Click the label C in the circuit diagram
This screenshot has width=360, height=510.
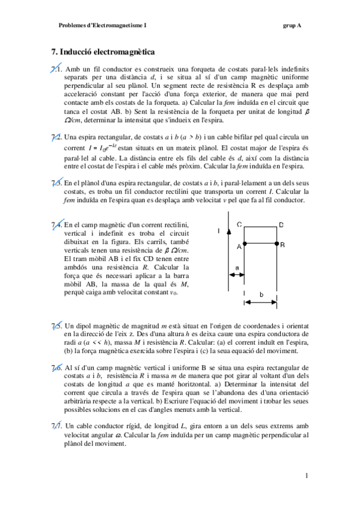(239, 225)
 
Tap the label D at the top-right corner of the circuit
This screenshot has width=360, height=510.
(281, 225)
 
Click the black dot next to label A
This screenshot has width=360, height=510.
(245, 244)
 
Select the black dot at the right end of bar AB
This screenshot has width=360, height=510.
(276, 244)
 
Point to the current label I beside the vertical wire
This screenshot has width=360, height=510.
(219, 230)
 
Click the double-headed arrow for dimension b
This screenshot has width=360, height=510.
(261, 303)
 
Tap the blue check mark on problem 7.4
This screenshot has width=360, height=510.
(56, 224)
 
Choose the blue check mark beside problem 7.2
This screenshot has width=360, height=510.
(56, 137)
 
